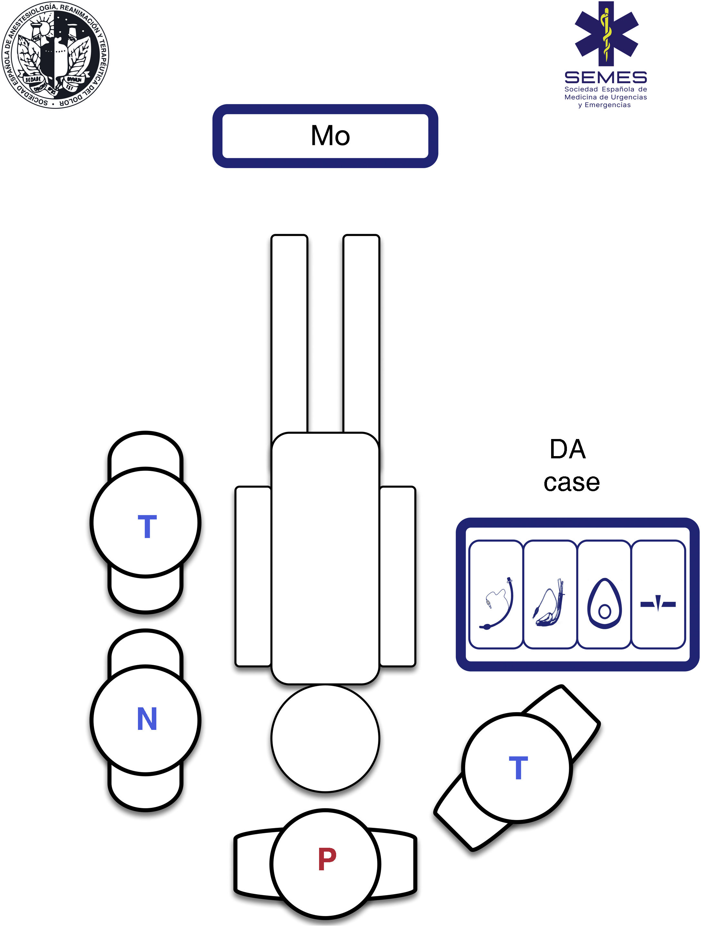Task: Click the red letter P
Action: click(327, 859)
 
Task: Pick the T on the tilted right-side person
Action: click(518, 768)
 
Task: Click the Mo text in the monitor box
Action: click(330, 136)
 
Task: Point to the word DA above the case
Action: click(568, 449)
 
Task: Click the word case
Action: click(571, 483)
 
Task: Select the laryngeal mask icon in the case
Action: click(549, 604)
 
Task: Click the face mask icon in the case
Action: click(604, 604)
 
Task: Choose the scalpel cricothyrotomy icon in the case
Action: click(658, 604)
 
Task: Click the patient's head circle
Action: click(325, 739)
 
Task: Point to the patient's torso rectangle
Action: click(325, 557)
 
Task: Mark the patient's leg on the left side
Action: click(289, 335)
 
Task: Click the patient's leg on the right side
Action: click(361, 335)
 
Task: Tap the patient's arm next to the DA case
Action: click(397, 576)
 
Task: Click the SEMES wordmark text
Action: click(605, 78)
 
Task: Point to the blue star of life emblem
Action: click(606, 33)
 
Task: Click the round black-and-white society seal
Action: click(55, 54)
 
